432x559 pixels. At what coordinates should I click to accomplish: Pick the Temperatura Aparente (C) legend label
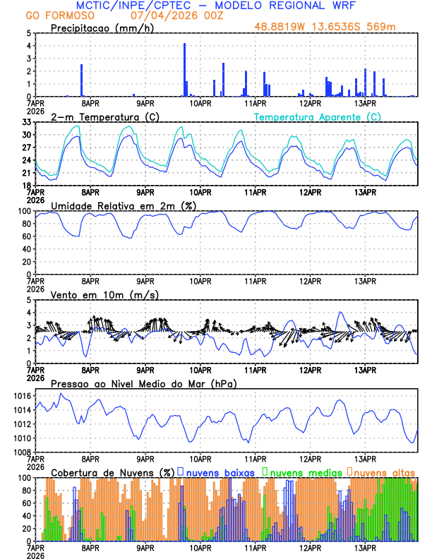pyautogui.click(x=318, y=116)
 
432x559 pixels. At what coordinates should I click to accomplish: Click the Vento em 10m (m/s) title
pyautogui.click(x=95, y=294)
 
